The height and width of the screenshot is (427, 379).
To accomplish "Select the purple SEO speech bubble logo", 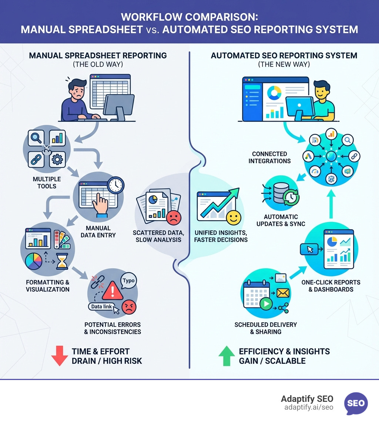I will coord(356,403).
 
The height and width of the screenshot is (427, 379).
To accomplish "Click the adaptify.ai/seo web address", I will coord(309,407).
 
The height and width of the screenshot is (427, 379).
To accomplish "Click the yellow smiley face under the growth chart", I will coord(233,218).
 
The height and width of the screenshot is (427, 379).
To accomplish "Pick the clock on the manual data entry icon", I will coord(116,185).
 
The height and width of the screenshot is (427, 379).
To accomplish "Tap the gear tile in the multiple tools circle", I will coord(57,159).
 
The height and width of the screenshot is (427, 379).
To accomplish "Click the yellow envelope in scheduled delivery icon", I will coord(282,293).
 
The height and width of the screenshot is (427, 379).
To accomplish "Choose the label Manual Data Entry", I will coord(101,232).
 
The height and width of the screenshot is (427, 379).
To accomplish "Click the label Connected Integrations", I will coord(269,157).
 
